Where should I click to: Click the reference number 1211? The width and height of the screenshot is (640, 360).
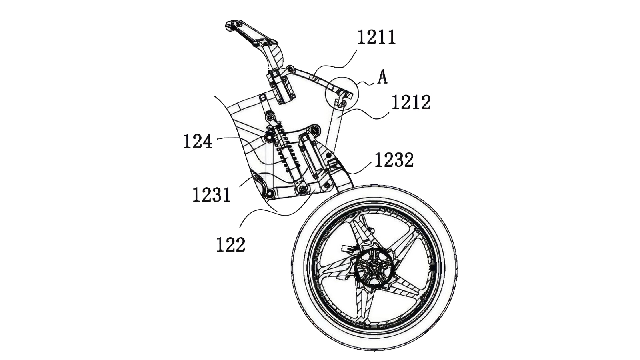click(x=376, y=38)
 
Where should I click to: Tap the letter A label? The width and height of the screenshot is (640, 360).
click(x=382, y=77)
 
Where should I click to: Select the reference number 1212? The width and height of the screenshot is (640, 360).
click(x=411, y=102)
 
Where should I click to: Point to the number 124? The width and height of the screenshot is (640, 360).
click(x=198, y=141)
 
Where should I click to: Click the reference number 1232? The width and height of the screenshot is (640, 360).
click(x=394, y=160)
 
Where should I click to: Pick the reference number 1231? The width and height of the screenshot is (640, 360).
click(x=212, y=195)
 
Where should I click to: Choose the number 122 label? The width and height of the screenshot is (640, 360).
click(x=230, y=245)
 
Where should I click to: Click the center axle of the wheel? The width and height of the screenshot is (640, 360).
click(x=373, y=268)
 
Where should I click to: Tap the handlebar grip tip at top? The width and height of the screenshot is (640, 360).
click(x=230, y=26)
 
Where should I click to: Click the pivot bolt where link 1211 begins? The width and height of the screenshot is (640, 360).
click(x=290, y=69)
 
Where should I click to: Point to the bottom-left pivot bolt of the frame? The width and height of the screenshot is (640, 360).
click(x=269, y=194)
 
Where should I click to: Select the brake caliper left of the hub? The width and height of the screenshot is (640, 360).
click(x=348, y=248)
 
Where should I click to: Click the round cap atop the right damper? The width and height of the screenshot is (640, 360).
click(x=314, y=130)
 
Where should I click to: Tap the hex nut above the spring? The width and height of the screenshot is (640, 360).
click(x=269, y=116)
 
